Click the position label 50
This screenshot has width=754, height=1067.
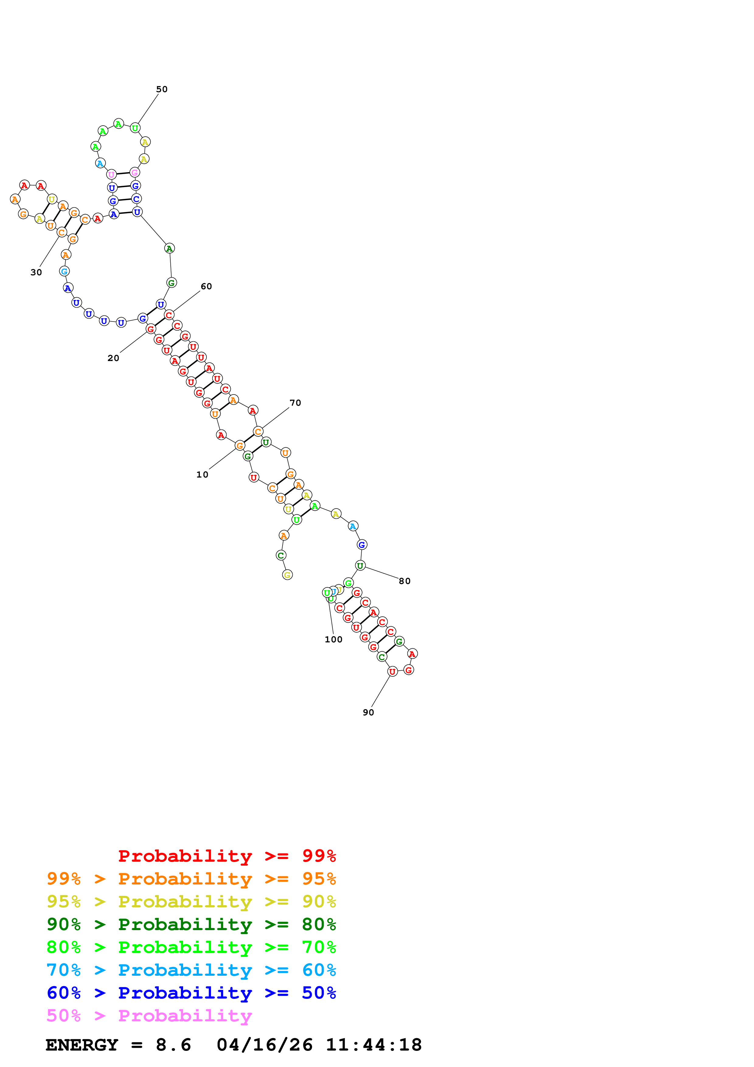click(x=162, y=89)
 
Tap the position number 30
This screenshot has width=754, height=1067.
click(x=36, y=272)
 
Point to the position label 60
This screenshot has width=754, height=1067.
click(x=206, y=286)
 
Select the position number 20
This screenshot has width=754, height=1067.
click(x=113, y=358)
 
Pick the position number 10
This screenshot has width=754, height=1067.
click(x=202, y=474)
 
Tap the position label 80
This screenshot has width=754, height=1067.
click(x=405, y=581)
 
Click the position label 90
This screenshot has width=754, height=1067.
click(x=368, y=712)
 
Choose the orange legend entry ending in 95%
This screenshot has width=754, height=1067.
click(x=191, y=879)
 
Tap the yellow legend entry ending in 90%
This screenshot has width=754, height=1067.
click(x=191, y=902)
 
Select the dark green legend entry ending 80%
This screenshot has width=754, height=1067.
click(x=191, y=924)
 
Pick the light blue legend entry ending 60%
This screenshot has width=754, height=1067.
click(x=191, y=970)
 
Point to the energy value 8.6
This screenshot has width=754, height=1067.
click(x=173, y=1045)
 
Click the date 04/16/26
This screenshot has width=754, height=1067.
click(x=265, y=1045)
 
